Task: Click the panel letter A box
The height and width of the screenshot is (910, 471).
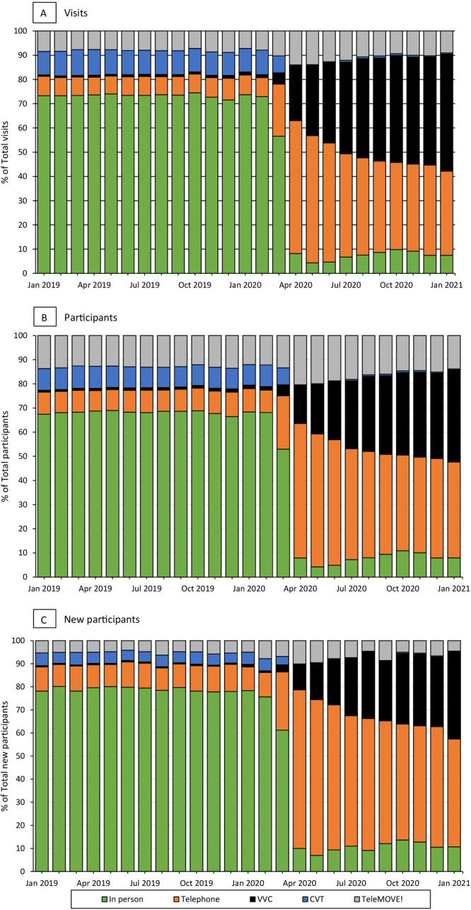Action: pyautogui.click(x=44, y=13)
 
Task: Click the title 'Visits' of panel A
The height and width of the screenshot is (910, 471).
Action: pyautogui.click(x=76, y=13)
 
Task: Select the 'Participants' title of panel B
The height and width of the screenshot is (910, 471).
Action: pyautogui.click(x=91, y=318)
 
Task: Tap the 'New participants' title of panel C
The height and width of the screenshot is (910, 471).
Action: pyautogui.click(x=102, y=620)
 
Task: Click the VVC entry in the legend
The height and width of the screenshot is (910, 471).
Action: pyautogui.click(x=261, y=899)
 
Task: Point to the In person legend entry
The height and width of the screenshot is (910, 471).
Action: pyautogui.click(x=122, y=899)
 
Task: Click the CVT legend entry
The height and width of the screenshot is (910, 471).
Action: pyautogui.click(x=313, y=899)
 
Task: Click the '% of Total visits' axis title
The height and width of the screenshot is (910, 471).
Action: pyautogui.click(x=5, y=152)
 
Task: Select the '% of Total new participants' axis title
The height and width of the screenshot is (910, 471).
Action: pyautogui.click(x=5, y=756)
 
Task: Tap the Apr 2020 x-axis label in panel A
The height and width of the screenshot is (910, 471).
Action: pyautogui.click(x=296, y=285)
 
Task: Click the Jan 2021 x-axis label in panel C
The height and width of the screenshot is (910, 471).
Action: pyautogui.click(x=453, y=883)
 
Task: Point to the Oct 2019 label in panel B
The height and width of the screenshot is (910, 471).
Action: pyautogui.click(x=197, y=589)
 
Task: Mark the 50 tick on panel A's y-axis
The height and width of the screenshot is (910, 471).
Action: pyautogui.click(x=23, y=152)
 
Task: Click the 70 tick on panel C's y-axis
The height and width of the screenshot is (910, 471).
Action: pyautogui.click(x=21, y=710)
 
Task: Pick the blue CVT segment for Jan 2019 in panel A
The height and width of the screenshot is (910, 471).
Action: pyautogui.click(x=44, y=64)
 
